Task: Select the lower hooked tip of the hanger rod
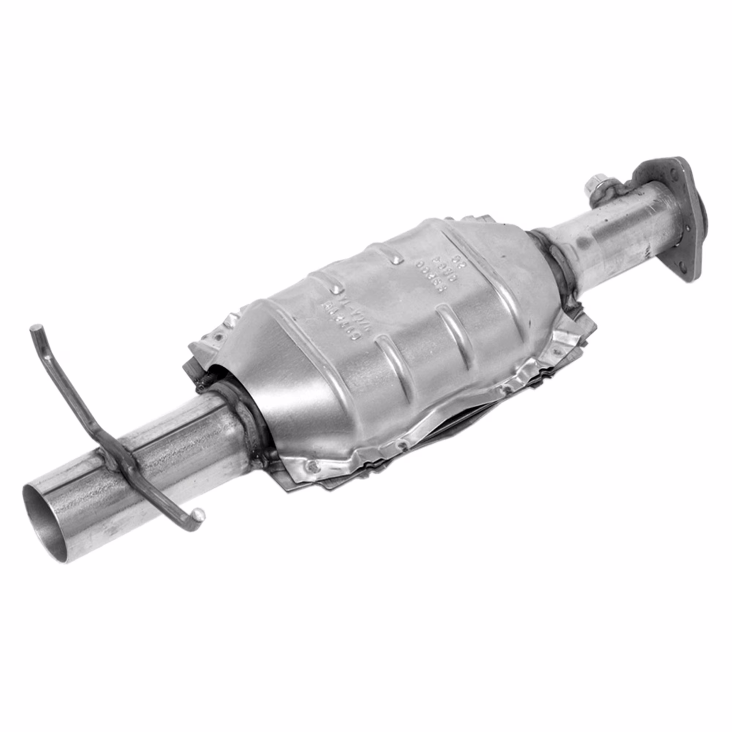198,514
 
